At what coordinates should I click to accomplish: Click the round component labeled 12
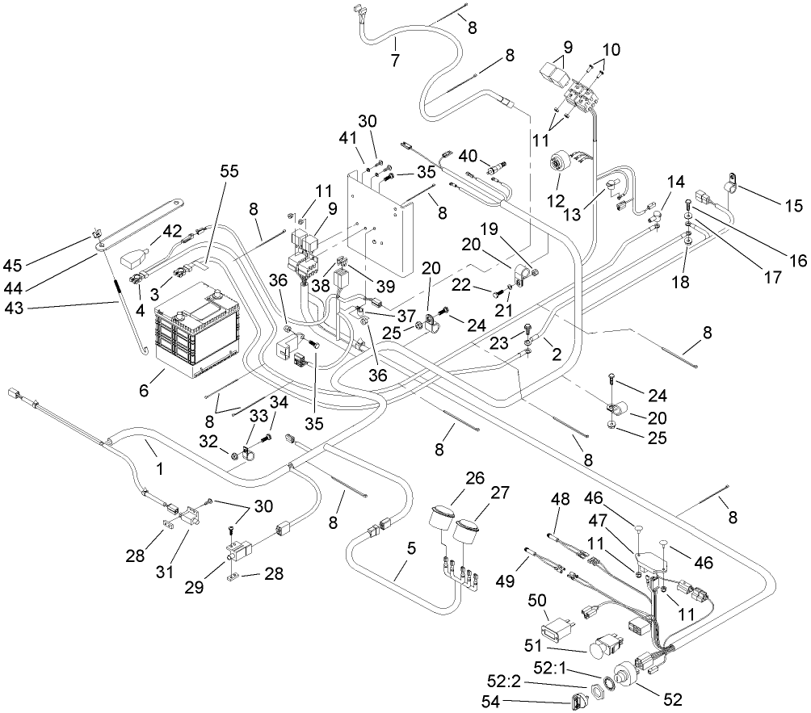557,165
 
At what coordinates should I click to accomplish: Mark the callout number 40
468,155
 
